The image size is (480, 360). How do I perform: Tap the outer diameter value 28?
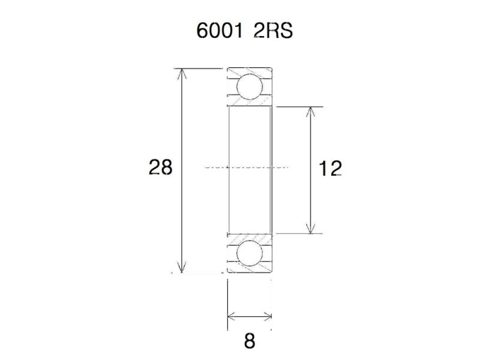tap(160, 167)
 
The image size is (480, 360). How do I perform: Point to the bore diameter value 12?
tap(330, 169)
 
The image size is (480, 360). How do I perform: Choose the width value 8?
tap(250, 341)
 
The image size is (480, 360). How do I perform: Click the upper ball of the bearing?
tap(249, 86)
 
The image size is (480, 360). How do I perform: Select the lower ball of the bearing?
tap(249, 254)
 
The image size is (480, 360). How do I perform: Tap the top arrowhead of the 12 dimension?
tap(310, 112)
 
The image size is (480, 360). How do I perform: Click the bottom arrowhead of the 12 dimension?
tap(310, 229)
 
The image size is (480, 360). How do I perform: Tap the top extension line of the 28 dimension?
tap(198, 68)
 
